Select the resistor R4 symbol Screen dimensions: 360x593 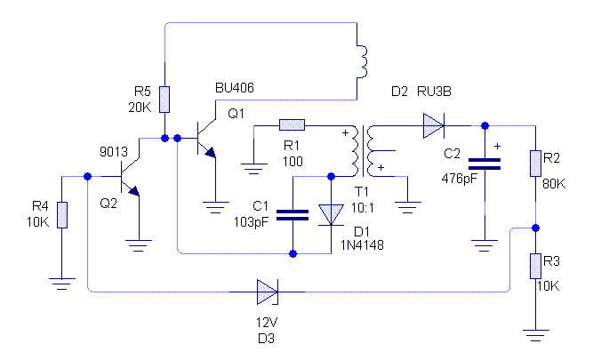point(61,214)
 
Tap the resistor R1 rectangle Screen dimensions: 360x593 point(292,124)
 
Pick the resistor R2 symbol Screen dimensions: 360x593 point(535,164)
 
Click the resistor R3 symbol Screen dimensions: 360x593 point(535,266)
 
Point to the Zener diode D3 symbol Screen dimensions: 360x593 point(268,291)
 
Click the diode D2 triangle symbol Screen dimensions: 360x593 point(433,124)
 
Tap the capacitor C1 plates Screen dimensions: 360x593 point(292,214)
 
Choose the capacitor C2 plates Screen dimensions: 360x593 point(485,164)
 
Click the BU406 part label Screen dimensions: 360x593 point(235,89)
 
